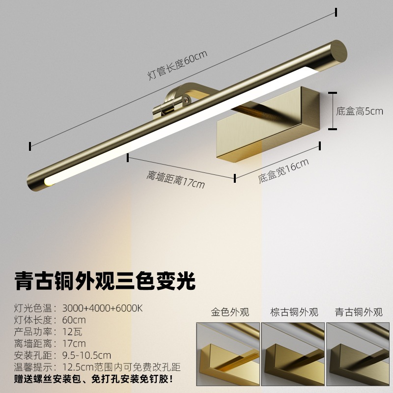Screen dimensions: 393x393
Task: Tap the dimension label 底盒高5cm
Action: [360, 111]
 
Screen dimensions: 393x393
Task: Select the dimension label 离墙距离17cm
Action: [175, 180]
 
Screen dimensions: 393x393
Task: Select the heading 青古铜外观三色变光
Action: [105, 281]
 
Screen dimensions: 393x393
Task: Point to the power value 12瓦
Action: [70, 332]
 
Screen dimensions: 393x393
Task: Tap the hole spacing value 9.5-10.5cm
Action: [86, 355]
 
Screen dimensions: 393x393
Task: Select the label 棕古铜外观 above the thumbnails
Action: [294, 312]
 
